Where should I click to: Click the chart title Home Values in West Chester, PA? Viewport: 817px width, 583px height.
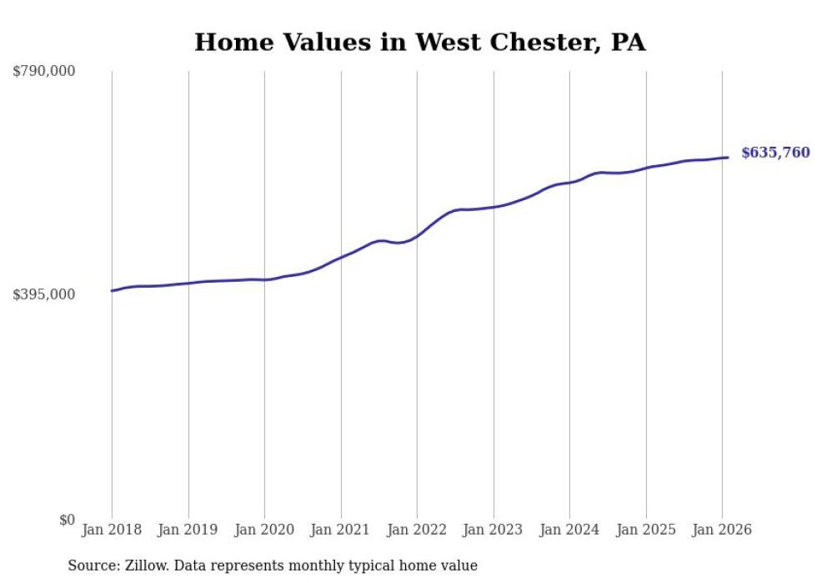pyautogui.click(x=419, y=42)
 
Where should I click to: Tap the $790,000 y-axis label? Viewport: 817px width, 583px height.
pyautogui.click(x=44, y=72)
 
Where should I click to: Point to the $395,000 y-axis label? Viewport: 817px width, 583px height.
pyautogui.click(x=44, y=294)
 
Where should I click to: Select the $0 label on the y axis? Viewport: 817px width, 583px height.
pyautogui.click(x=66, y=520)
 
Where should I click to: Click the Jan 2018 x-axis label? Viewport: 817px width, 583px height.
pyautogui.click(x=112, y=530)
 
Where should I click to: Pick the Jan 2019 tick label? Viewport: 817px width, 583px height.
pyautogui.click(x=188, y=530)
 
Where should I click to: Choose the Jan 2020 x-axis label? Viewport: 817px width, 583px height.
pyautogui.click(x=264, y=530)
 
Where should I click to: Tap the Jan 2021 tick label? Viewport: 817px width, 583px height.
pyautogui.click(x=341, y=530)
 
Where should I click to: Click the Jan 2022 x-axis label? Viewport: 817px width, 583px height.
pyautogui.click(x=417, y=530)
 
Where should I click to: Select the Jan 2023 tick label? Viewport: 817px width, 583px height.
pyautogui.click(x=494, y=530)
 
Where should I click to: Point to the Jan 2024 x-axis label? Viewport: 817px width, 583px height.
pyautogui.click(x=569, y=530)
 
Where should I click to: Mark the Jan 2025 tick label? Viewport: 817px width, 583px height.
pyautogui.click(x=646, y=530)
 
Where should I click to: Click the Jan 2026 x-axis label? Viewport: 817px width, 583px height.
pyautogui.click(x=722, y=530)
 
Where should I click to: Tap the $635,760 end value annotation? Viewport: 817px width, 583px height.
pyautogui.click(x=775, y=153)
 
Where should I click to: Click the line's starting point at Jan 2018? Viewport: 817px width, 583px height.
pyautogui.click(x=112, y=291)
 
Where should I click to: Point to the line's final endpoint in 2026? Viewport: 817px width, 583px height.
pyautogui.click(x=729, y=158)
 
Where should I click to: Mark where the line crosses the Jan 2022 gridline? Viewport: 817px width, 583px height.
pyautogui.click(x=417, y=235)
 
